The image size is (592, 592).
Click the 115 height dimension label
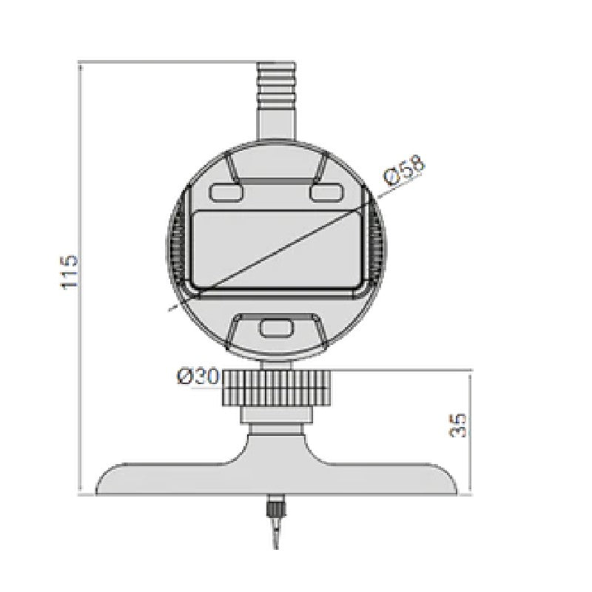point(69,272)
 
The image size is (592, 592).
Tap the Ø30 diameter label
point(198,377)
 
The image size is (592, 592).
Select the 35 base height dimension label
point(459,425)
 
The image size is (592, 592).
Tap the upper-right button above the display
point(326,192)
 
